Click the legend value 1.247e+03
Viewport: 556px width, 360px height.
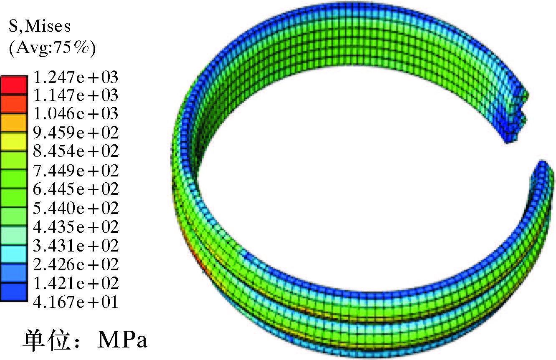(76, 77)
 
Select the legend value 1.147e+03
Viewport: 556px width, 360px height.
(76, 95)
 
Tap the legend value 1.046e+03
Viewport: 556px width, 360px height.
(76, 113)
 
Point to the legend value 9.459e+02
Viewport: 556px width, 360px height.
(76, 133)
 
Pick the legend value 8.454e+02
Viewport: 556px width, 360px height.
(76, 151)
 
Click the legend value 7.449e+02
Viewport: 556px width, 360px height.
(76, 171)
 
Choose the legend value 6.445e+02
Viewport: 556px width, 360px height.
(76, 189)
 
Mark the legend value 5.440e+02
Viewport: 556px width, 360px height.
(76, 208)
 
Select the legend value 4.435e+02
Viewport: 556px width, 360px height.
(76, 227)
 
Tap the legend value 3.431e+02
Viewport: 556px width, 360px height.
(76, 246)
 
